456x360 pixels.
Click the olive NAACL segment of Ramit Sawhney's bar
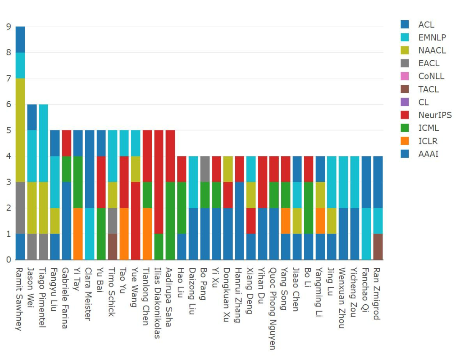point(20,130)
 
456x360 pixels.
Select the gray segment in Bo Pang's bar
point(205,169)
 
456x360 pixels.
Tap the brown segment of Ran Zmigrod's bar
point(377,246)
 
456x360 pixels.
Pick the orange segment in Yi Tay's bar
point(78,234)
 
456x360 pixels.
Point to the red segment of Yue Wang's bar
point(136,221)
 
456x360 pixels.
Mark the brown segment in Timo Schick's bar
point(112,246)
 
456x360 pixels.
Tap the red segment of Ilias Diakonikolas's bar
point(158,182)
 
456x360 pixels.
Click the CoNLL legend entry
point(431,76)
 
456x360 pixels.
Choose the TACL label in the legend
point(428,89)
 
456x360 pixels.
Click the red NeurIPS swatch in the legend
point(405,115)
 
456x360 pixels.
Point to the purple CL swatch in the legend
point(405,103)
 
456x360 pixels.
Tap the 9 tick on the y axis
point(8,27)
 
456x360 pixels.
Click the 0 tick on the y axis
point(8,260)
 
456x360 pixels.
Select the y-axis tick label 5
point(8,130)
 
